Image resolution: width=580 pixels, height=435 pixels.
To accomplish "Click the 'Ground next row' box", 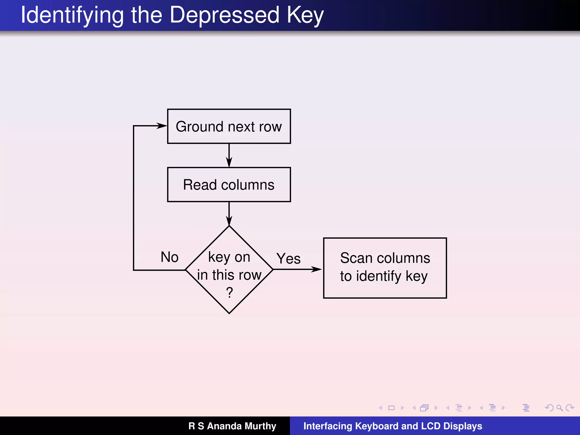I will click(229, 126).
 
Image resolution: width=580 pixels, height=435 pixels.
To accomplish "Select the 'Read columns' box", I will click(229, 185).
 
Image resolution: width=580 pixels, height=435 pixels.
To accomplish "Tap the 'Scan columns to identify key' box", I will click(385, 268).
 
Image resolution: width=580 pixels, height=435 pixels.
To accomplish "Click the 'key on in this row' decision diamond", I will click(229, 270).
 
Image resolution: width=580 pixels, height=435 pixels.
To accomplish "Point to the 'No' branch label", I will click(169, 257).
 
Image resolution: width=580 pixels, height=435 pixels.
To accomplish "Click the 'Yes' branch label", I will click(288, 259).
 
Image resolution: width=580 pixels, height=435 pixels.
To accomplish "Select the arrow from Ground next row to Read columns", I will click(229, 155).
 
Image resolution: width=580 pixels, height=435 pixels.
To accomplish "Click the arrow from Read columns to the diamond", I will click(229, 214).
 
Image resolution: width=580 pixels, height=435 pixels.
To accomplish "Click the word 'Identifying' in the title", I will click(72, 16).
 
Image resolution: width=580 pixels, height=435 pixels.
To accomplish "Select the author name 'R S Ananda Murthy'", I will click(232, 426).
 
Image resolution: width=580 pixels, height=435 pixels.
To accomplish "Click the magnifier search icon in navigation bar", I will click(559, 408).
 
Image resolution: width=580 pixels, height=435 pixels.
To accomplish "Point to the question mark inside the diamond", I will click(229, 292).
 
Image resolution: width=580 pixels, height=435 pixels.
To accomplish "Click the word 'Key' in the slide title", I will click(305, 16).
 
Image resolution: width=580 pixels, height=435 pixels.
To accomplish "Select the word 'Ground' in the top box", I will click(196, 127).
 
